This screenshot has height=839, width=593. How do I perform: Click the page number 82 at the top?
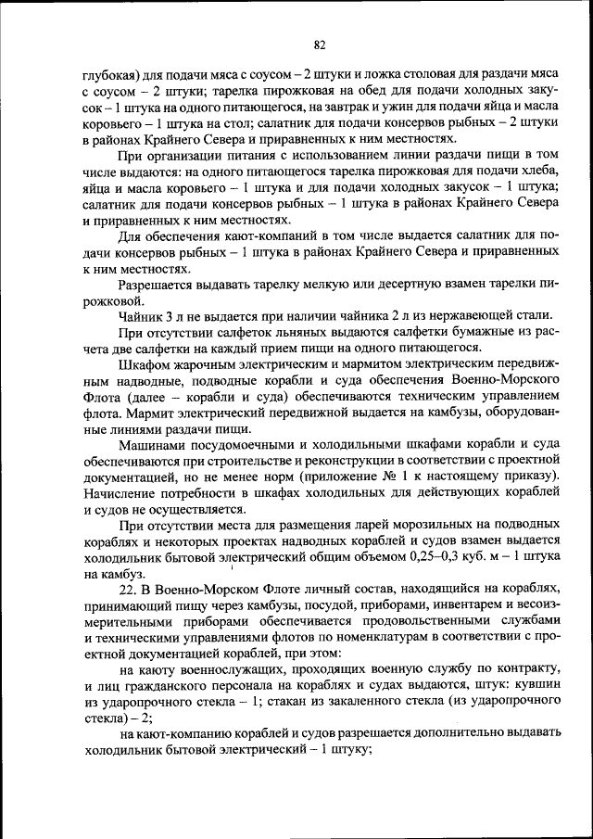click(319, 44)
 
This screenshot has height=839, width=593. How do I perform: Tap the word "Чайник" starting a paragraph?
click(140, 316)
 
